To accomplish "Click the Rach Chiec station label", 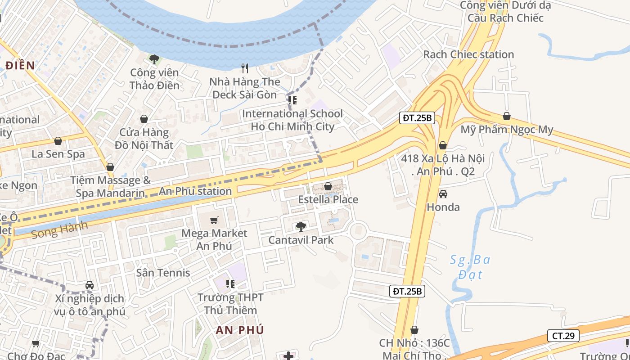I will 468,54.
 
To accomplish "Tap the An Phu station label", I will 195,191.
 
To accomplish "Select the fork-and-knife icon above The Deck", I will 245,68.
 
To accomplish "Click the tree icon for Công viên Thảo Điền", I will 154,58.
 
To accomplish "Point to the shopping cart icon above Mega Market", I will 214,220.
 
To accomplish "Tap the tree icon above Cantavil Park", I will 301,226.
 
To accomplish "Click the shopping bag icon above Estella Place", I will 328,186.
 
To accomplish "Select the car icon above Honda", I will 443,194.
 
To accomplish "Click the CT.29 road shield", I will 563,336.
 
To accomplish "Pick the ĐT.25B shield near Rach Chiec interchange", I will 417,118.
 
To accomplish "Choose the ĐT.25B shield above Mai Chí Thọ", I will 407,291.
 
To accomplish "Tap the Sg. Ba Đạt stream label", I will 470,267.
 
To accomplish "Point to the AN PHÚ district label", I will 239,330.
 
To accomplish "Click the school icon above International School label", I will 292,100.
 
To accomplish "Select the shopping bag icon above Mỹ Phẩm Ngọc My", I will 507,116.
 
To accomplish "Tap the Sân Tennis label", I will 163,273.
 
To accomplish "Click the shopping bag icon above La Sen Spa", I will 58,141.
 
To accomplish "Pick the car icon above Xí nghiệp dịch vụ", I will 90,285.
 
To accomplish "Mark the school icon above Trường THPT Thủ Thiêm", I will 230,283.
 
